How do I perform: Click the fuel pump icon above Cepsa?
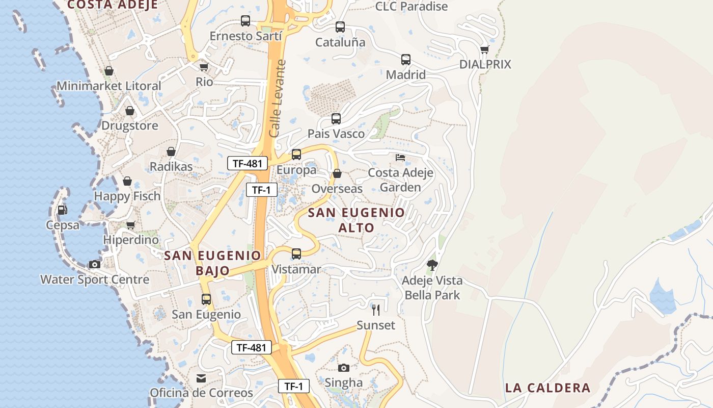click(x=62, y=210)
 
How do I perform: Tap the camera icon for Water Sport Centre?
click(x=95, y=264)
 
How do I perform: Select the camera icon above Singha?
click(x=344, y=368)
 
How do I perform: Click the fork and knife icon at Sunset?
click(x=376, y=310)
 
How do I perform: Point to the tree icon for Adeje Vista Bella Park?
click(x=432, y=265)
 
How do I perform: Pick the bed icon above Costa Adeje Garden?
click(x=400, y=157)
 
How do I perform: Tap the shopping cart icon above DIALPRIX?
click(x=484, y=49)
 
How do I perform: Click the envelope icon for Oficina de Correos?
click(x=201, y=378)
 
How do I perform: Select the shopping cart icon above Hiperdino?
click(x=131, y=225)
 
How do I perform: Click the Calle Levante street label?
click(x=278, y=98)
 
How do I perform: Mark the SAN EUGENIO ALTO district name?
click(x=356, y=220)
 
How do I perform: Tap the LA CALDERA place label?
click(x=547, y=388)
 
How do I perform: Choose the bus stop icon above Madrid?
click(x=405, y=60)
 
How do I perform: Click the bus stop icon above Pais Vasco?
click(x=336, y=119)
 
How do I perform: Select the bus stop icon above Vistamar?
click(x=296, y=254)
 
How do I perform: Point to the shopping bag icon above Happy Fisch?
click(x=127, y=181)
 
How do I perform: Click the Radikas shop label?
click(x=171, y=167)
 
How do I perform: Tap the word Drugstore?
click(x=130, y=125)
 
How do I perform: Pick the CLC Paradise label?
click(x=412, y=6)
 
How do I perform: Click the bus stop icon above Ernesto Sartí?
click(x=245, y=21)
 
